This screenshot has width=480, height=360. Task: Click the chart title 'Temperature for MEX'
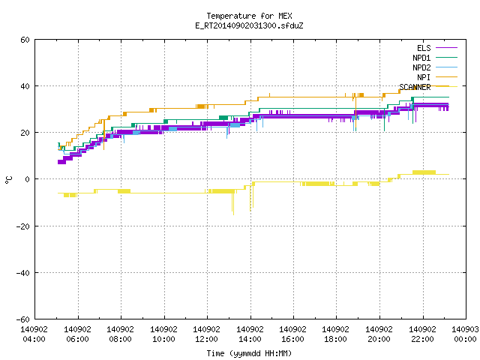pyautogui.click(x=249, y=16)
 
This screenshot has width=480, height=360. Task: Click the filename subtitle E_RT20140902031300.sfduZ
pyautogui.click(x=249, y=25)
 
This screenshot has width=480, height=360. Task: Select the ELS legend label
pyautogui.click(x=424, y=48)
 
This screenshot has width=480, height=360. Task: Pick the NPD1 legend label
pyautogui.click(x=421, y=58)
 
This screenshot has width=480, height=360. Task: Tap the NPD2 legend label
pyautogui.click(x=421, y=67)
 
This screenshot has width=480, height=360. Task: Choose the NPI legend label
pyautogui.click(x=424, y=77)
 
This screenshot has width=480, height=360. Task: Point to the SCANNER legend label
pyautogui.click(x=415, y=87)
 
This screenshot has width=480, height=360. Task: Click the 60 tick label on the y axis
pyautogui.click(x=25, y=40)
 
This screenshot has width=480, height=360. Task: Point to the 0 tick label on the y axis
pyautogui.click(x=28, y=179)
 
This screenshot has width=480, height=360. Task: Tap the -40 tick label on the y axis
pyautogui.click(x=23, y=273)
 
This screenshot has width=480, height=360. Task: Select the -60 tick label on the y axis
pyautogui.click(x=23, y=319)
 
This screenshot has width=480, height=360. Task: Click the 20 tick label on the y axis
pyautogui.click(x=25, y=133)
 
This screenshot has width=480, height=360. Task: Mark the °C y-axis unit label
pyautogui.click(x=9, y=180)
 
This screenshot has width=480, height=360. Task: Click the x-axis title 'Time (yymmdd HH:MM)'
pyautogui.click(x=249, y=353)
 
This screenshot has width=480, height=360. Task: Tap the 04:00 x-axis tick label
pyautogui.click(x=34, y=339)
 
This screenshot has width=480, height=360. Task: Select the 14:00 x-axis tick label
pyautogui.click(x=250, y=339)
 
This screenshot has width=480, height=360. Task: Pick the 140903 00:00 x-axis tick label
pyautogui.click(x=465, y=334)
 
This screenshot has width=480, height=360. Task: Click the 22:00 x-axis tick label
pyautogui.click(x=422, y=339)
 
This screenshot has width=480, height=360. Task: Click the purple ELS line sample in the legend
pyautogui.click(x=446, y=48)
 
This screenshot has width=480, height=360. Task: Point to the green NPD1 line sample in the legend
pyautogui.click(x=446, y=57)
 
